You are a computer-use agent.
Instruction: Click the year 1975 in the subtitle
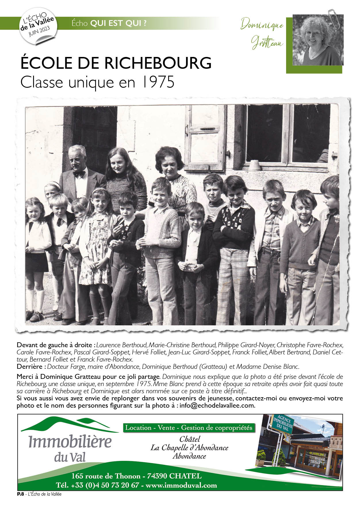click(x=158, y=83)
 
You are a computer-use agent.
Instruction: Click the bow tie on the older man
click(x=79, y=174)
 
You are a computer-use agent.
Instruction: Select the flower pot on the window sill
click(x=254, y=165)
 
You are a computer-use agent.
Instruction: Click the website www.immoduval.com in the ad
click(x=181, y=485)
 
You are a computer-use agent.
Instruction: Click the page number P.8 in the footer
click(x=20, y=494)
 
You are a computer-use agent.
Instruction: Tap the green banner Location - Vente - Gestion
click(x=189, y=428)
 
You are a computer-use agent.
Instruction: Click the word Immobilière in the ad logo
click(x=70, y=442)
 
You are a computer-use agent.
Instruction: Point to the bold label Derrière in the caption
click(x=31, y=367)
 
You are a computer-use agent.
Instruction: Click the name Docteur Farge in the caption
click(x=66, y=367)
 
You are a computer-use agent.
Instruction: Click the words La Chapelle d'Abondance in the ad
click(x=189, y=448)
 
